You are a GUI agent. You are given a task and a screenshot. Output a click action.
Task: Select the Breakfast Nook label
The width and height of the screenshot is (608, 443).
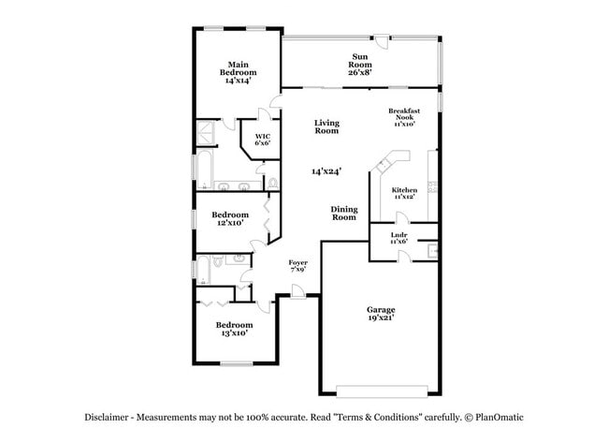click(405, 117)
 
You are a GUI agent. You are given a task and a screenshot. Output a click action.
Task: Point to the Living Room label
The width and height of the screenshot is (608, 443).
click(326, 127)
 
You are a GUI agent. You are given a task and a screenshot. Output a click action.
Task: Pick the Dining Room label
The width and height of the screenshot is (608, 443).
click(344, 214)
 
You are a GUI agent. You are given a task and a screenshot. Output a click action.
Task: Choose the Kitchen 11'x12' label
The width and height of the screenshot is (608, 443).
click(403, 193)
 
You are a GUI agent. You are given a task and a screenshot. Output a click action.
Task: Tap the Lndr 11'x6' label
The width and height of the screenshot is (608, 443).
click(398, 239)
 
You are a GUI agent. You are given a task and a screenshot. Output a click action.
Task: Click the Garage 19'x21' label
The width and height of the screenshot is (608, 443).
click(381, 314)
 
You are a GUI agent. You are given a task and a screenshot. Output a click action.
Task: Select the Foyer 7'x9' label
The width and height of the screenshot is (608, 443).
click(297, 266)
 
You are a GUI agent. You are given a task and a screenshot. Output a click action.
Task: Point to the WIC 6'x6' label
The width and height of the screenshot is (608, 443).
click(263, 140)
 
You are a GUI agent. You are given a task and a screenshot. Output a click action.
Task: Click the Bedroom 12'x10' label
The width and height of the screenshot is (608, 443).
click(230, 219)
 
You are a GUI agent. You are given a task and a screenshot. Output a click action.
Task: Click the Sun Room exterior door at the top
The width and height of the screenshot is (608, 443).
click(382, 39)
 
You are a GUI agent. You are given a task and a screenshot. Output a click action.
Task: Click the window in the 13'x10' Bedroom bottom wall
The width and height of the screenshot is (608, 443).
click(234, 362)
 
